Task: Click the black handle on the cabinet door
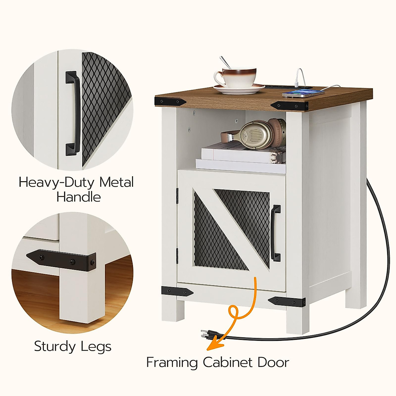[276, 233]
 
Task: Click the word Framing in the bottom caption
[172, 363]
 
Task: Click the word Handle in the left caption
[79, 197]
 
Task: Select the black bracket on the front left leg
[177, 291]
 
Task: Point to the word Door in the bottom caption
[273, 362]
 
